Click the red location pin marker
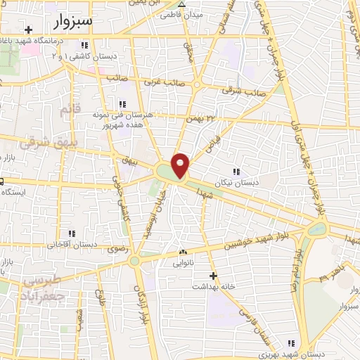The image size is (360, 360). click(182, 165)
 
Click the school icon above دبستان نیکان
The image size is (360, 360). click(236, 171)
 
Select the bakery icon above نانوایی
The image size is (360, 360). click(184, 252)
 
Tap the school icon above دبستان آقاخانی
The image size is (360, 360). click(71, 233)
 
